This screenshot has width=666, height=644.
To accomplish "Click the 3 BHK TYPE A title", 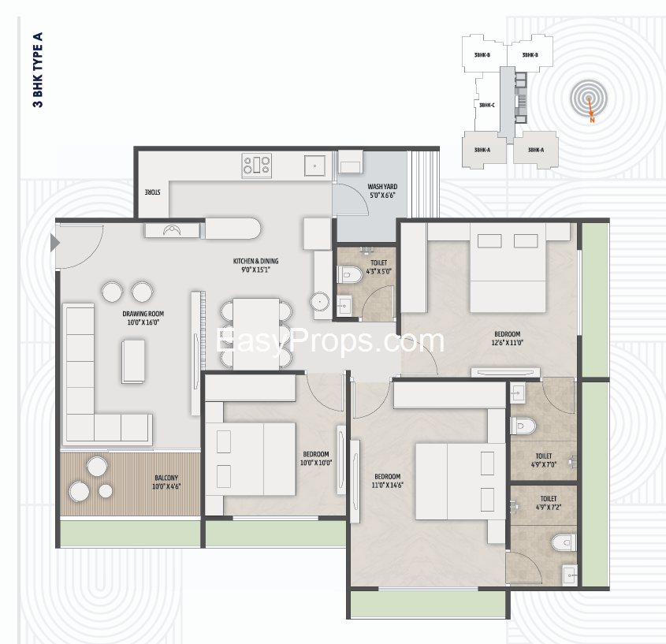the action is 38,69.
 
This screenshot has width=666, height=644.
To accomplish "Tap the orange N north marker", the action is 592,121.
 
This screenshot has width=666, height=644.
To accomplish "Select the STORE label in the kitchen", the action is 152,192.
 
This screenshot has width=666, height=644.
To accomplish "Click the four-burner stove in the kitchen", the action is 256,166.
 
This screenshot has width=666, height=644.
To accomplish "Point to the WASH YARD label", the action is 382,187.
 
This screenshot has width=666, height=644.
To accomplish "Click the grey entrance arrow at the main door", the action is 55,243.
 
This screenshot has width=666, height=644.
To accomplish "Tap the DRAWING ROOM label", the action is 143,314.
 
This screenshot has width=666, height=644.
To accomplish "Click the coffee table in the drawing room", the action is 133,362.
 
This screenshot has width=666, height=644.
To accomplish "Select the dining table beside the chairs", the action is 255,333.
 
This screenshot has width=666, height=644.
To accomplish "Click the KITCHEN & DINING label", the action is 255,261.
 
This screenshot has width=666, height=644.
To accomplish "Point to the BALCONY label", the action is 166,478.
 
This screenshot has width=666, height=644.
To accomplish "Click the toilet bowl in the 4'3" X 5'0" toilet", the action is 349,274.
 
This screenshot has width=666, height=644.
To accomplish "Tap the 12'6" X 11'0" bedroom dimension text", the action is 507,342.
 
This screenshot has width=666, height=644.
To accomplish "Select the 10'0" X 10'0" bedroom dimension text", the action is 316,463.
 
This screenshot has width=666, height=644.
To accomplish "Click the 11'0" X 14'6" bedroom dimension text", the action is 387,485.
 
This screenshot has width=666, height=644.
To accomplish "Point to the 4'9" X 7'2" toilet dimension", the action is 549,507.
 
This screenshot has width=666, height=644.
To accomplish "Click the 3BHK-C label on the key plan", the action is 487,105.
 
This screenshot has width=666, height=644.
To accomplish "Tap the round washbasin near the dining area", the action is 319,302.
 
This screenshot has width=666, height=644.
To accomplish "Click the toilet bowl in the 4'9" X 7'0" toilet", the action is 523,426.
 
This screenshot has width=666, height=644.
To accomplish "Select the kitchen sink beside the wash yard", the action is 314,166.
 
